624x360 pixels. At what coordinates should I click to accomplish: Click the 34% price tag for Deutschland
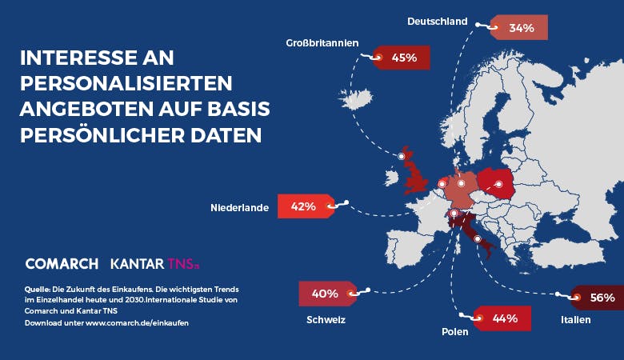[519, 27]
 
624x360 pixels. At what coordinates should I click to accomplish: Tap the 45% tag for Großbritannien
[401, 58]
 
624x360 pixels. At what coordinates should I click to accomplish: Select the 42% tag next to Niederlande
[306, 206]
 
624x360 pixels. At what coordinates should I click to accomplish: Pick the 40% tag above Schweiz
[328, 294]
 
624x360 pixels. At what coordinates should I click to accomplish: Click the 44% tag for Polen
[502, 318]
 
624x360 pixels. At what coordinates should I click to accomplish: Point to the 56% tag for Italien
[598, 298]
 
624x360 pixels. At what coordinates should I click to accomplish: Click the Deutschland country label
[438, 22]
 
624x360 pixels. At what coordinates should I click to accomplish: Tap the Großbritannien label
[322, 43]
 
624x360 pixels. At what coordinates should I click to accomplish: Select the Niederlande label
[239, 208]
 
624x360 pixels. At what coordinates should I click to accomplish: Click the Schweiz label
[326, 320]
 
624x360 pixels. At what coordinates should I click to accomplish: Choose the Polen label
[455, 332]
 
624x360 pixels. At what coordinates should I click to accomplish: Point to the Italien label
[576, 320]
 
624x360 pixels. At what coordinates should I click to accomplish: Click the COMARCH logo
[62, 264]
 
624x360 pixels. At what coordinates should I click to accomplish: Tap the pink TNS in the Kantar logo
[183, 264]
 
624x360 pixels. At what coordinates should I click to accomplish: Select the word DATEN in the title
[226, 135]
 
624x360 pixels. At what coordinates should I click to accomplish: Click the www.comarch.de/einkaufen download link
[137, 323]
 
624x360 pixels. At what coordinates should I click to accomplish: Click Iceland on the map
[355, 98]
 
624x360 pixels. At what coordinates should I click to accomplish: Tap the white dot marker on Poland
[498, 184]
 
